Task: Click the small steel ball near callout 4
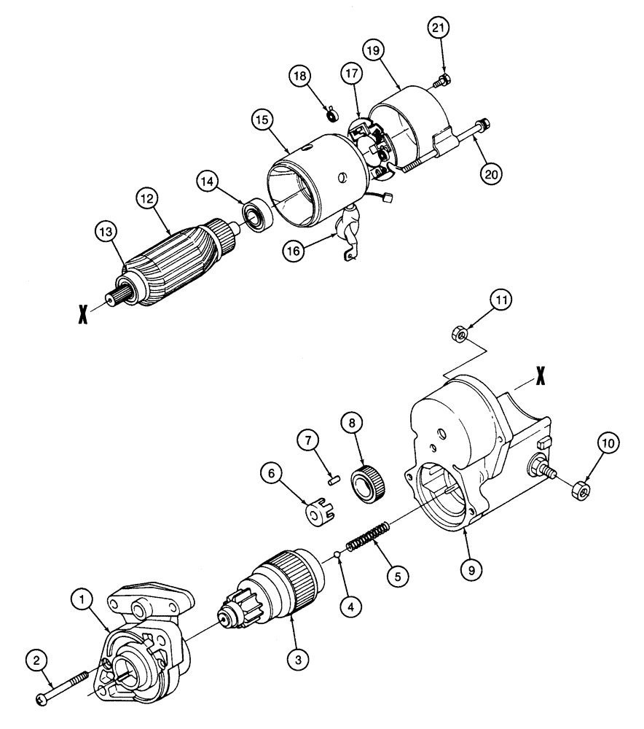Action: coord(339,558)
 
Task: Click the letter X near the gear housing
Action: coord(539,375)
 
